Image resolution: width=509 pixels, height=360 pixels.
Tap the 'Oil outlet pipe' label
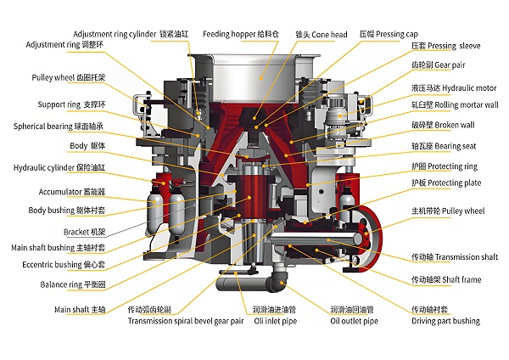click(x=354, y=321)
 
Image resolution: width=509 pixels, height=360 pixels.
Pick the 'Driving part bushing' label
click(x=445, y=321)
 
